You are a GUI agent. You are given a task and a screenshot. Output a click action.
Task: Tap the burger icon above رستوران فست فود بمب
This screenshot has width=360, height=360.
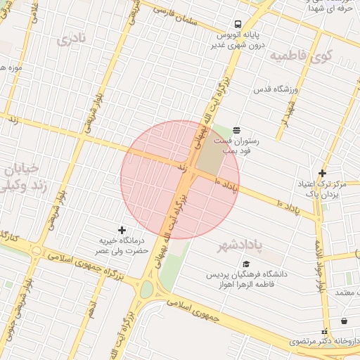(x=236, y=130)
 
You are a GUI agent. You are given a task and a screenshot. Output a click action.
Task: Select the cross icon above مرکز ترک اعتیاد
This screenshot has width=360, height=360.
(x=322, y=173)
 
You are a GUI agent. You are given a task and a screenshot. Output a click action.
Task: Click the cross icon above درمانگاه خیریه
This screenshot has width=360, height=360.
(x=122, y=230)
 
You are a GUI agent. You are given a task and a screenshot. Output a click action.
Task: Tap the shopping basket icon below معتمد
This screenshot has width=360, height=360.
(x=344, y=321)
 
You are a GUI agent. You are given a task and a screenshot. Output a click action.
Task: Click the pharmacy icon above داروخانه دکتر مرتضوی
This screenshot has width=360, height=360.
(x=324, y=331)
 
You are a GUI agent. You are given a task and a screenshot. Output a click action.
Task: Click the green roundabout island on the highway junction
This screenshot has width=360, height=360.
(x=146, y=288)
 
